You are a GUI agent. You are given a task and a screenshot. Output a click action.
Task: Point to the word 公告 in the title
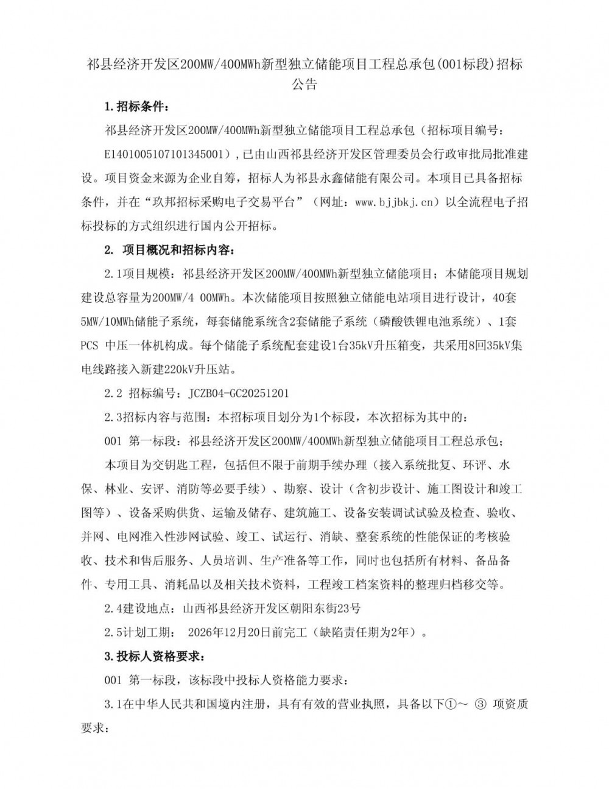tap(304, 84)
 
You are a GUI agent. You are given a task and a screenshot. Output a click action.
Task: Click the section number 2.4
tap(114, 609)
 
